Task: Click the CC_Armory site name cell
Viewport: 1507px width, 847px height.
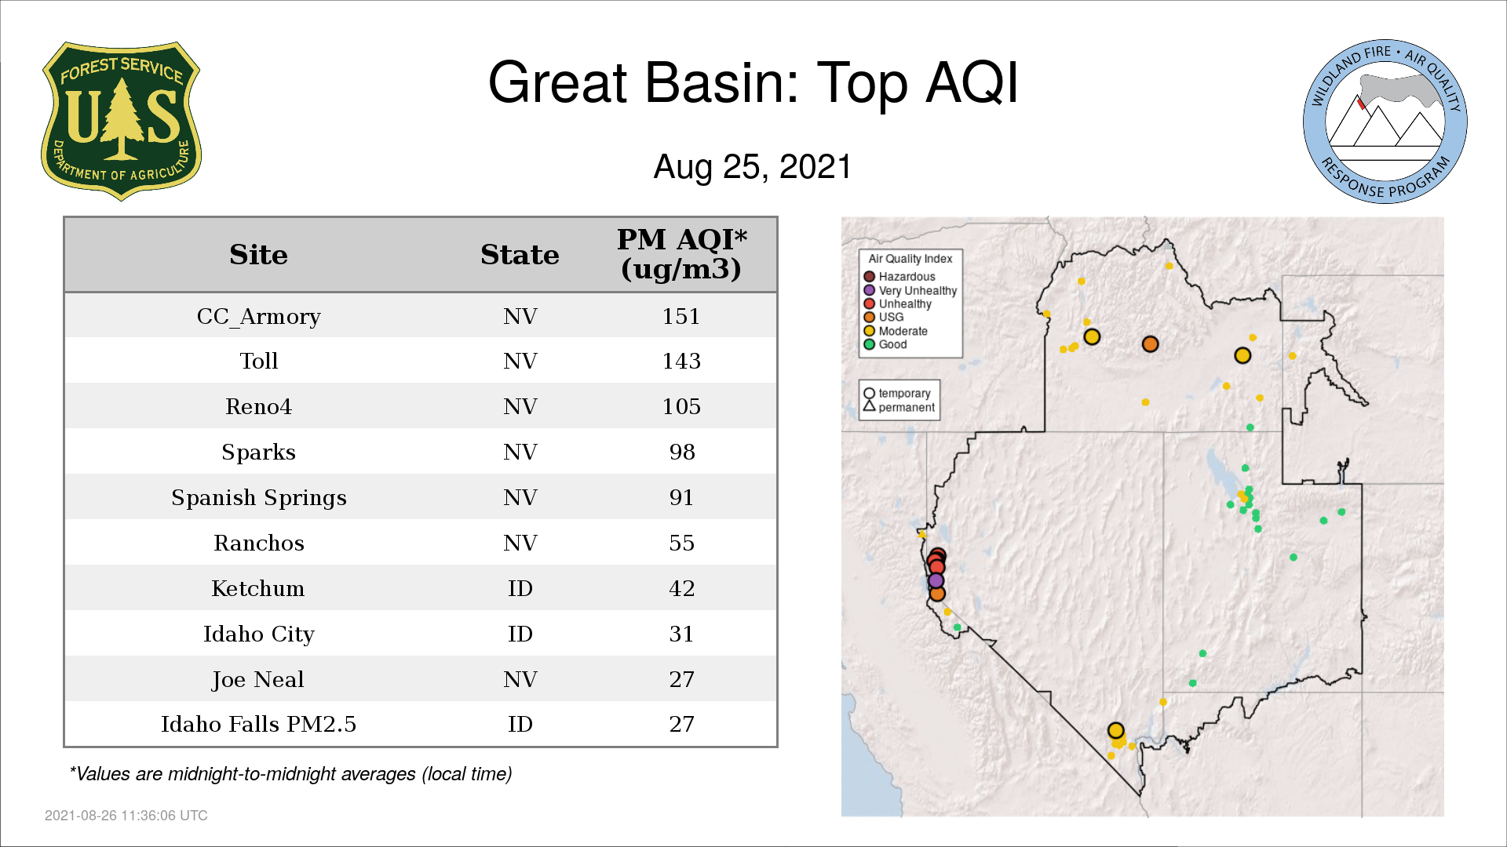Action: pyautogui.click(x=258, y=316)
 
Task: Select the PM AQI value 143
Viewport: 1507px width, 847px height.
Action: pyautogui.click(x=681, y=361)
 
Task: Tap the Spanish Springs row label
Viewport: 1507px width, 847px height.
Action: pyautogui.click(x=258, y=497)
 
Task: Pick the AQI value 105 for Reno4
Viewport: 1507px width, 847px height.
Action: pyautogui.click(x=681, y=406)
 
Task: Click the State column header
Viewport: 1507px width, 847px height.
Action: pyautogui.click(x=520, y=254)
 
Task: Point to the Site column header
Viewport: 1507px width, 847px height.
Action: pyautogui.click(x=258, y=254)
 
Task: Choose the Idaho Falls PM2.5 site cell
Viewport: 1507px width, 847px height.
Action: pyautogui.click(x=258, y=724)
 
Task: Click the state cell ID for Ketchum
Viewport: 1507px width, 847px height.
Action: pyautogui.click(x=520, y=588)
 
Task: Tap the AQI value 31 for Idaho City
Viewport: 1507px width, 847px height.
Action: pyautogui.click(x=681, y=634)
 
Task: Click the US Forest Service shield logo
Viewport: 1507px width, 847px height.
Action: pyautogui.click(x=121, y=122)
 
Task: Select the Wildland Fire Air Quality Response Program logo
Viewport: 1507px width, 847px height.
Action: pyautogui.click(x=1385, y=122)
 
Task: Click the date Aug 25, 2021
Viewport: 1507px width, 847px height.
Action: pyautogui.click(x=753, y=167)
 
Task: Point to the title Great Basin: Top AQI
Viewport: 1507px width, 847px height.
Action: pyautogui.click(x=753, y=82)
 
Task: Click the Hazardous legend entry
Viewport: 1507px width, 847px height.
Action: pyautogui.click(x=899, y=276)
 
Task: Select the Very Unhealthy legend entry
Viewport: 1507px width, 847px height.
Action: pyautogui.click(x=910, y=290)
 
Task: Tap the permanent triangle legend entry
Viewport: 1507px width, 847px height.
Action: pyautogui.click(x=899, y=407)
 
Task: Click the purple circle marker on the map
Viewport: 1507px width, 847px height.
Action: pyautogui.click(x=936, y=581)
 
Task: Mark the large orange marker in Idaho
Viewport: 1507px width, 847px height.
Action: pyautogui.click(x=1150, y=344)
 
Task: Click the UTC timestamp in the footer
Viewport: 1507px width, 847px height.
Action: pyautogui.click(x=126, y=816)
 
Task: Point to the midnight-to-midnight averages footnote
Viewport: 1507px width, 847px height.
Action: pyautogui.click(x=290, y=774)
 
